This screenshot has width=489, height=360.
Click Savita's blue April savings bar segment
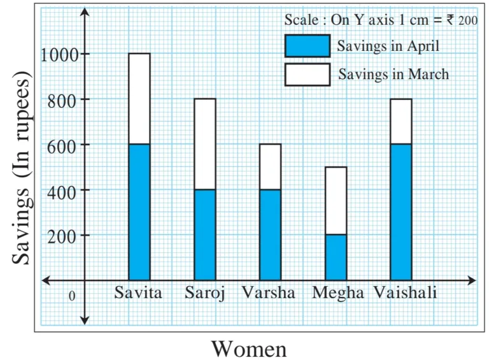pos(139,212)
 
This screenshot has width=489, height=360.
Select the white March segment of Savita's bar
pos(139,99)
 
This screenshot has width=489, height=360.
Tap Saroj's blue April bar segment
pos(204,234)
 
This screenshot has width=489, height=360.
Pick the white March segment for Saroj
pos(204,144)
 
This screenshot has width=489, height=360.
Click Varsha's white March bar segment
pos(270,166)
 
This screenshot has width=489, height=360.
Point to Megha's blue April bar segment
pos(336,257)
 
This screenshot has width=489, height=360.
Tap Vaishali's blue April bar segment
pos(401,212)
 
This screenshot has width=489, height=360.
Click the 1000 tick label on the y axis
pos(59,55)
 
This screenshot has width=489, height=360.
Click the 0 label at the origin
pos(72,296)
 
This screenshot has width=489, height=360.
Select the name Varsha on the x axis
pos(269,293)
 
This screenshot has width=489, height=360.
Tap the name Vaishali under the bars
pos(406,293)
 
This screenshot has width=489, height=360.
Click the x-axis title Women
pos(249,349)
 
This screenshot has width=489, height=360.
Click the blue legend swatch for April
pos(307,46)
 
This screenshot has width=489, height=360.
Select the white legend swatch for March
pos(307,74)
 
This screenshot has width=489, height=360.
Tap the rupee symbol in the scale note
pos(450,20)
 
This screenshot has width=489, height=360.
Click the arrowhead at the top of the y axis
pos(85,13)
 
